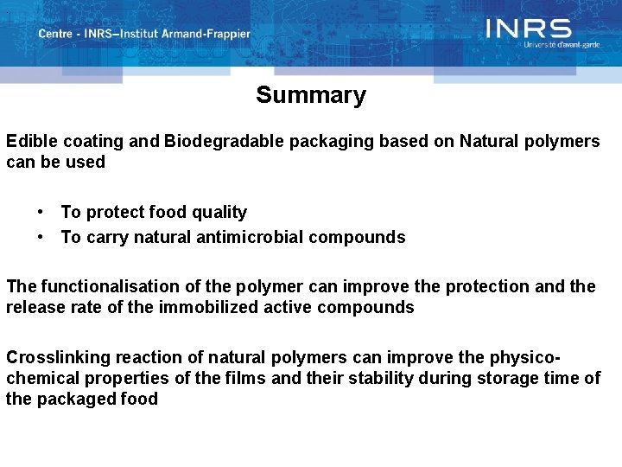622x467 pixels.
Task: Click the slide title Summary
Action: (x=310, y=95)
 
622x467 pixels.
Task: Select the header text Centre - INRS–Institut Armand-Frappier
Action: (x=143, y=34)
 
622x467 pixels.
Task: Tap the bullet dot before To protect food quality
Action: (x=41, y=212)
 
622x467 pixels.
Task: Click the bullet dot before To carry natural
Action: (x=41, y=237)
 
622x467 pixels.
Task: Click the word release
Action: (x=33, y=307)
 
